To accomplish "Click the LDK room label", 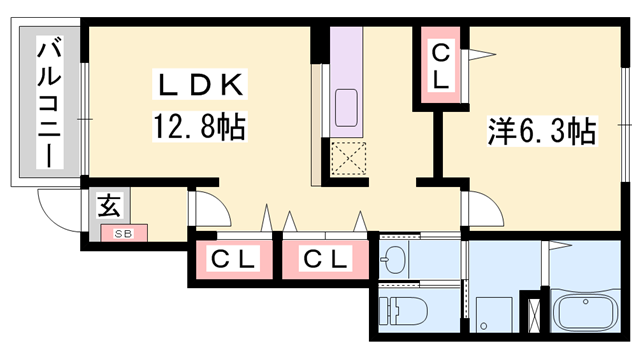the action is [200, 85].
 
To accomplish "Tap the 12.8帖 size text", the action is [200, 127].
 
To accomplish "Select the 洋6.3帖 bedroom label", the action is [542, 131].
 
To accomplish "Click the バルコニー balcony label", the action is [50, 102].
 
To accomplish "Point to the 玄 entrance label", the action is [109, 206].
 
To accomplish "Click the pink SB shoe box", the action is [124, 233].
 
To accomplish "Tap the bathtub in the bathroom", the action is [585, 313].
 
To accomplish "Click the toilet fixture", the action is [402, 311].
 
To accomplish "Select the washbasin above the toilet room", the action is [393, 260].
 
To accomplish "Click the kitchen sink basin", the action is [346, 108].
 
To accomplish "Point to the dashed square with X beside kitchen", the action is [348, 159].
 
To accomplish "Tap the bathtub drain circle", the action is [586, 302].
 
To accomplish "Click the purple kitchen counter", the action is [346, 82].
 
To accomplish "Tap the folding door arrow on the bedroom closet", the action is [482, 54].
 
